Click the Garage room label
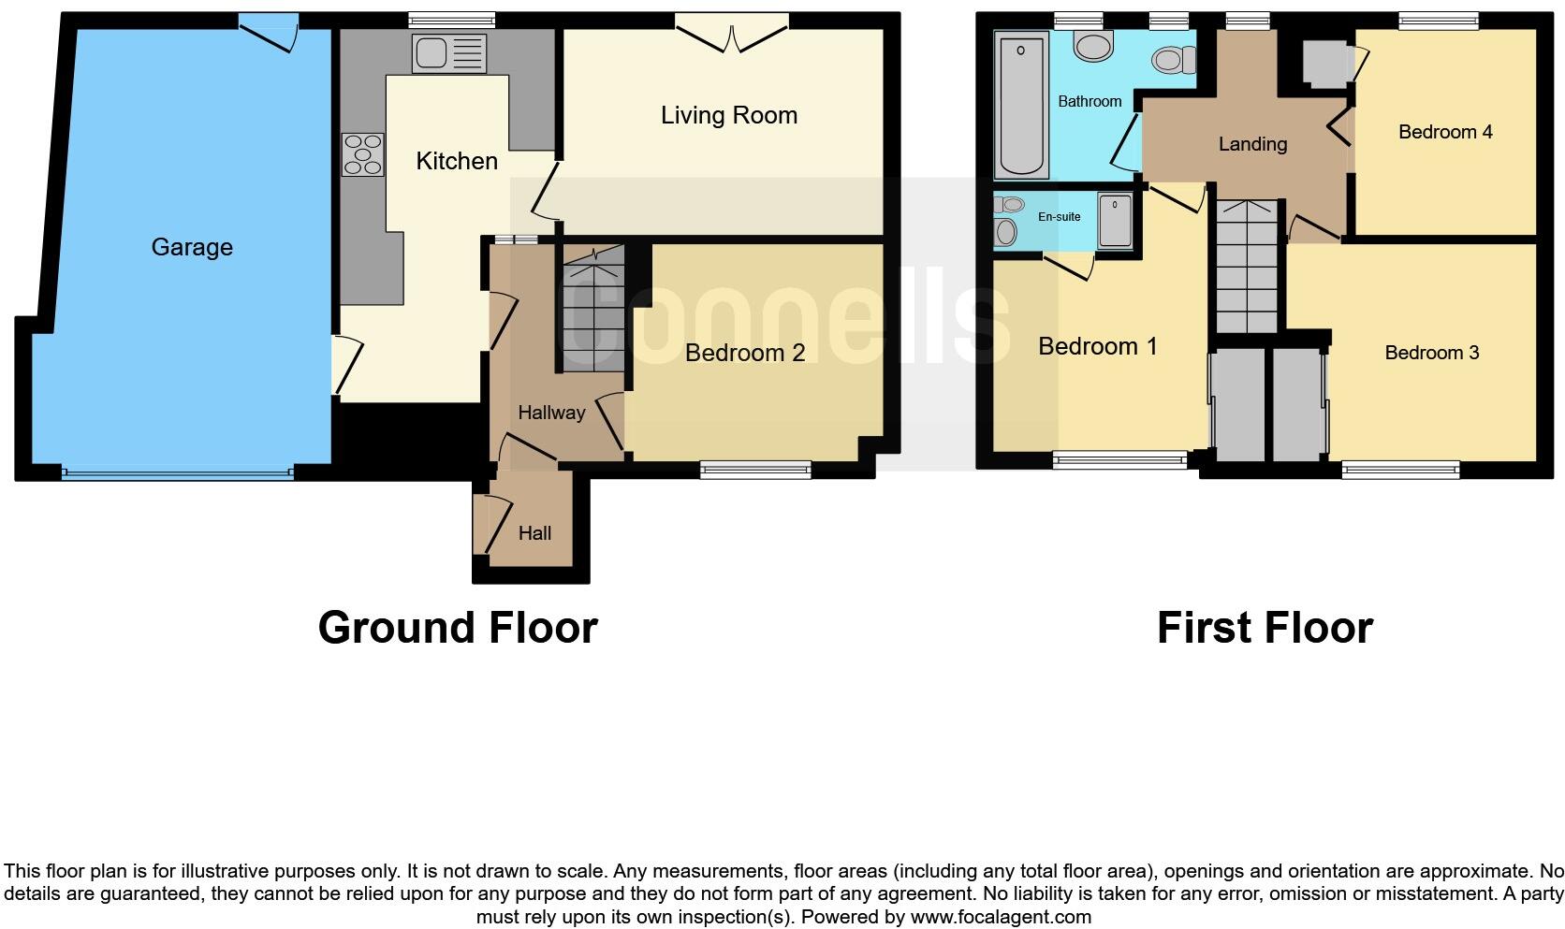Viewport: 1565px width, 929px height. (192, 247)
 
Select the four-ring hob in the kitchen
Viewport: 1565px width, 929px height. (363, 155)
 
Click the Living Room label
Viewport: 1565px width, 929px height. (728, 115)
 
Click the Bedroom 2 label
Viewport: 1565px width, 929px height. (744, 353)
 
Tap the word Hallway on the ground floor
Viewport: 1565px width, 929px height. (551, 413)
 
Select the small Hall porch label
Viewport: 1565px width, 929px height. (534, 533)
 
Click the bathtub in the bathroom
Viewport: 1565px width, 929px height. (1021, 105)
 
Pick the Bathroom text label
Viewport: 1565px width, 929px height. (1090, 101)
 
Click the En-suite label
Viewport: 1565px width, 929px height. (1059, 216)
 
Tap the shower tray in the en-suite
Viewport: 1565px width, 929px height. (1115, 222)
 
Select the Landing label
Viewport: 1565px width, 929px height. (1252, 144)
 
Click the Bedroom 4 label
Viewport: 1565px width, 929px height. (1445, 132)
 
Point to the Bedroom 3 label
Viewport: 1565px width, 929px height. (1431, 353)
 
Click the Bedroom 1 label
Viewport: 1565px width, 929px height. (1097, 346)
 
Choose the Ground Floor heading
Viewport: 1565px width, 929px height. (458, 627)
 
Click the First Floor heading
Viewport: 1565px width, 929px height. (1265, 627)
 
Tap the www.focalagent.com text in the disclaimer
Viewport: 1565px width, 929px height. (1001, 917)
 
